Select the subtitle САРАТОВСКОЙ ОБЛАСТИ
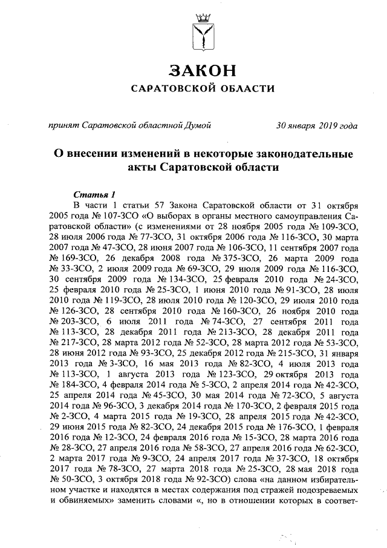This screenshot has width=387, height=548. click(203, 89)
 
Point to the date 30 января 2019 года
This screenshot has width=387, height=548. click(316, 125)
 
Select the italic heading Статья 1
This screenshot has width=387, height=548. click(94, 194)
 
